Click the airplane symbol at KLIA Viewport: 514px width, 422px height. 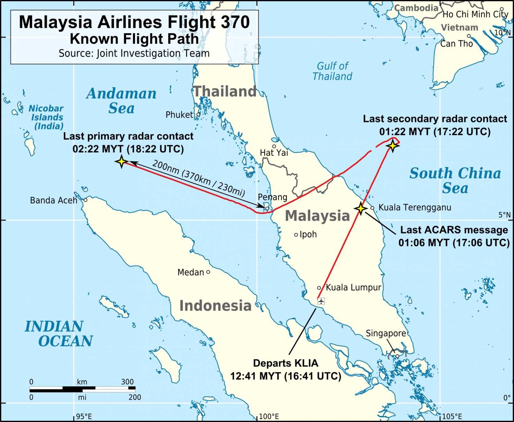point(321,301)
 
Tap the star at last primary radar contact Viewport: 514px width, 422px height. point(121,161)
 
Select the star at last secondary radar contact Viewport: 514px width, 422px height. point(392,146)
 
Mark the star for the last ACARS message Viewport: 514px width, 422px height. point(360,208)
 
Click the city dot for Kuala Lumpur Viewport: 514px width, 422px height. point(319,288)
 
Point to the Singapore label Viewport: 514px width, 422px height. point(385,333)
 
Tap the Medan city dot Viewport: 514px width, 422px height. point(208,272)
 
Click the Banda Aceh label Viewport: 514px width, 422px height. point(53,200)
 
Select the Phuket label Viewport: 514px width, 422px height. point(179,115)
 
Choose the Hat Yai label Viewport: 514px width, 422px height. point(274,153)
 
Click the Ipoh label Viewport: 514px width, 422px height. point(308,235)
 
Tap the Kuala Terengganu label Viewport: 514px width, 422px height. point(415,208)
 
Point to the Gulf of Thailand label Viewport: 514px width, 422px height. point(332,71)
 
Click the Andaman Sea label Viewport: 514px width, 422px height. point(121,101)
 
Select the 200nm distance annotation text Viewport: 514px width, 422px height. point(198,178)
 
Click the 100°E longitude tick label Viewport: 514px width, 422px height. point(269,417)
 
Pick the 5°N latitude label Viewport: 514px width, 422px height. point(504,215)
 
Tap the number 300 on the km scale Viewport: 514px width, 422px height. point(127,382)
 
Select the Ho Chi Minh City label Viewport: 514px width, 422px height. point(475,14)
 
